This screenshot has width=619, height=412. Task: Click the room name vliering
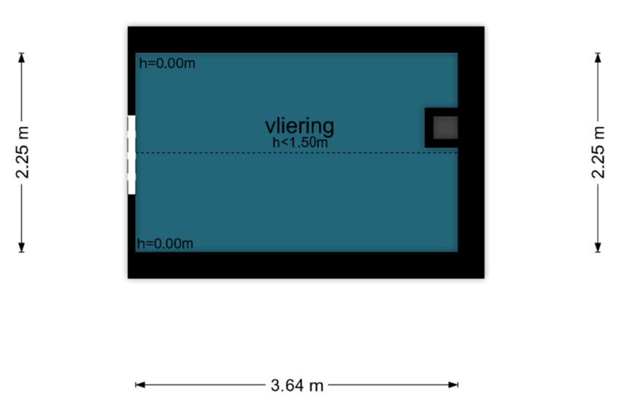[x=299, y=127]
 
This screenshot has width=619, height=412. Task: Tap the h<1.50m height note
[x=300, y=142]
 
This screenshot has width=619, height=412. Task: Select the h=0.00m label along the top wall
[x=167, y=63]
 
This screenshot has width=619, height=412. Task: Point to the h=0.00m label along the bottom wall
[x=165, y=244]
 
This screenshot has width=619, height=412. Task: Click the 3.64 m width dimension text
[x=297, y=385]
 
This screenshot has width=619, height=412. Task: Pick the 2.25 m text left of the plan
[x=22, y=152]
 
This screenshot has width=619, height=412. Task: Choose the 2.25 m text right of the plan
[x=598, y=152]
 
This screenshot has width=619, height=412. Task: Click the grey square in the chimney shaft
[x=445, y=128]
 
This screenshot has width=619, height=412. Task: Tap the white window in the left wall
[x=131, y=155]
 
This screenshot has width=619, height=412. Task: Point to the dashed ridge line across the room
[x=296, y=152]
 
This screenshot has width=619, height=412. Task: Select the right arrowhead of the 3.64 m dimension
[x=453, y=385]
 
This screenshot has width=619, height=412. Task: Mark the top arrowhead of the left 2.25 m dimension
[x=22, y=58]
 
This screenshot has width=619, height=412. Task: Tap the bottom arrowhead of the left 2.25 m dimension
[x=22, y=247]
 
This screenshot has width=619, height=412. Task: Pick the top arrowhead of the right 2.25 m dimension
[x=598, y=58]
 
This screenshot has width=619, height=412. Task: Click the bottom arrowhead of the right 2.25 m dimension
[x=598, y=247]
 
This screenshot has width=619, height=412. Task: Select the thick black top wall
[x=306, y=40]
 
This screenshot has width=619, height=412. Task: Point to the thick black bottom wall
[x=306, y=265]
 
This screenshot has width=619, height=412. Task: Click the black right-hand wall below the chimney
[x=471, y=200]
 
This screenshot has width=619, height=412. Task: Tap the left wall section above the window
[x=131, y=84]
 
